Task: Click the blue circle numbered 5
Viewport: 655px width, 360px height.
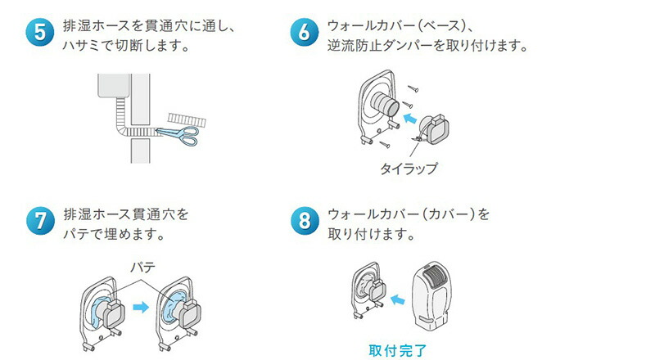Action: (x=40, y=34)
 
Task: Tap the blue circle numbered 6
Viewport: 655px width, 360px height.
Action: (x=305, y=34)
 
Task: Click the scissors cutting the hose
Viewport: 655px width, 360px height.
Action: (x=175, y=134)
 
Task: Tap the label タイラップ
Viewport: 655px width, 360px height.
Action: (x=408, y=169)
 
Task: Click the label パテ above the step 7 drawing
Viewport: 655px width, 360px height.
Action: (x=133, y=267)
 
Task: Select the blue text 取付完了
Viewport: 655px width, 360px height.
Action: (x=397, y=350)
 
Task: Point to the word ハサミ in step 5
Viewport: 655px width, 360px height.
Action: (x=83, y=46)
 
